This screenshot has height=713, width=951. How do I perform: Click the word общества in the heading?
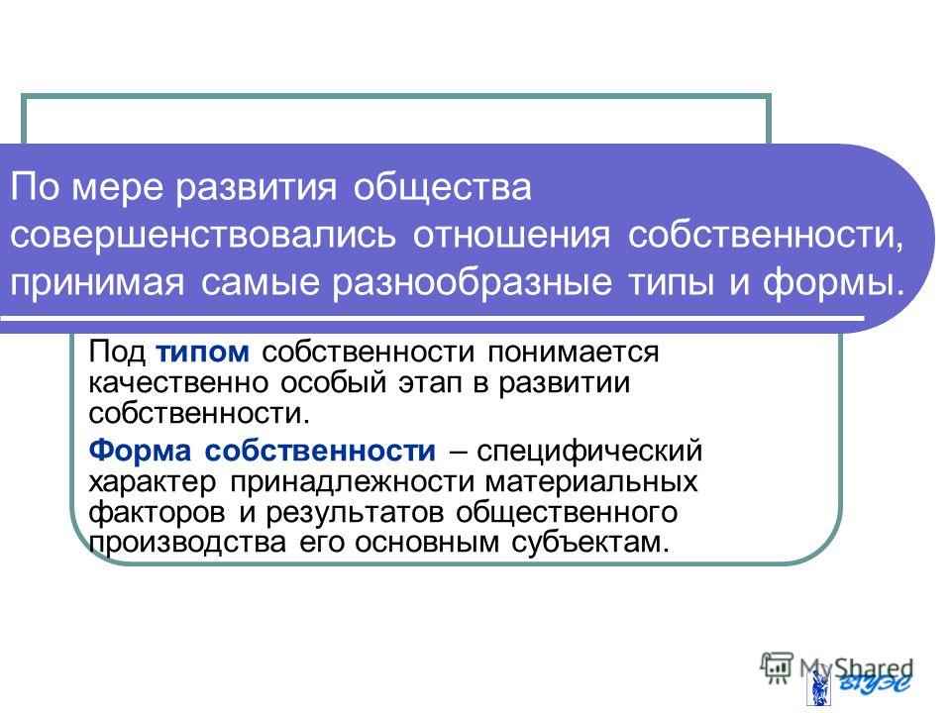point(442,188)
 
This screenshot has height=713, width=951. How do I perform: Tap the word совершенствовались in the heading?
point(202,236)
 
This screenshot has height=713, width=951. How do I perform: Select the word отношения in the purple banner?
point(511,236)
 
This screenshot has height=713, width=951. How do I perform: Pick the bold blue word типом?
point(202,353)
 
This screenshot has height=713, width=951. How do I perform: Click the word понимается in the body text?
point(574,353)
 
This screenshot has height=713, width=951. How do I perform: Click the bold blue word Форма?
point(140,451)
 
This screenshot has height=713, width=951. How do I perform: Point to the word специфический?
point(589,452)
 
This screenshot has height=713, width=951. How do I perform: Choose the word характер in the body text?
point(152,482)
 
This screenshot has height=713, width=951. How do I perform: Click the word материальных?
point(591,482)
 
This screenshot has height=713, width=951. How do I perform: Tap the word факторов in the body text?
point(157,513)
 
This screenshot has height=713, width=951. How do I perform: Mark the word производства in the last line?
point(187,543)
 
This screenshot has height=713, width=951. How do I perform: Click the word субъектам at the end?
point(590,542)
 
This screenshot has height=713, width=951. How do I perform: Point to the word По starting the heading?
point(33,187)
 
